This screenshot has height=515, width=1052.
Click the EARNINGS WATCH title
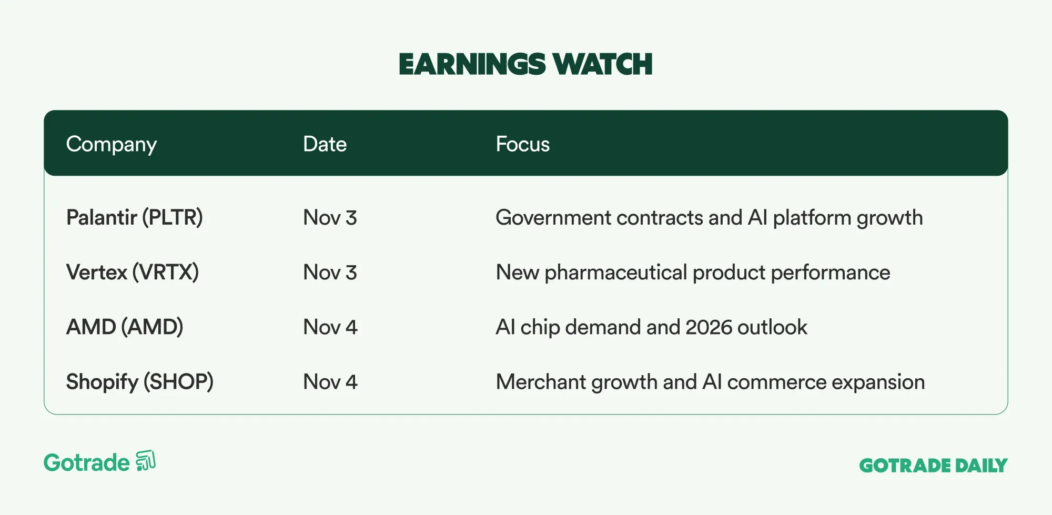click(x=525, y=64)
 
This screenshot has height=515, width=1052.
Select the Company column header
click(x=112, y=145)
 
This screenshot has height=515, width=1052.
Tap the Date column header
click(x=325, y=144)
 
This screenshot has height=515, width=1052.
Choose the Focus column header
click(x=523, y=144)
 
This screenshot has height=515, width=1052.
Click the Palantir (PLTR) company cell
click(x=135, y=217)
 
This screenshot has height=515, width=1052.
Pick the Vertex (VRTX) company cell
click(x=133, y=272)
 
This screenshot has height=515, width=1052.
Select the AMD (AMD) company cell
click(x=125, y=327)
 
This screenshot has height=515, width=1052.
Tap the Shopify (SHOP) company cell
click(x=140, y=382)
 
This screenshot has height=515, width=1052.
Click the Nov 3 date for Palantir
click(x=330, y=218)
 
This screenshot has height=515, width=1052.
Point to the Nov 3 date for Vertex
click(x=330, y=272)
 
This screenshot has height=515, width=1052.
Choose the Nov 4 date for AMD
click(x=330, y=327)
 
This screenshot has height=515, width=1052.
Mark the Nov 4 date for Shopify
click(x=330, y=382)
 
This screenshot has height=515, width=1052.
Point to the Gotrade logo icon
click(x=146, y=461)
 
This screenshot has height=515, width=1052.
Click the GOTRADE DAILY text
click(x=934, y=466)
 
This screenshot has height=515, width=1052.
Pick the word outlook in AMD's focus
click(x=772, y=327)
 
